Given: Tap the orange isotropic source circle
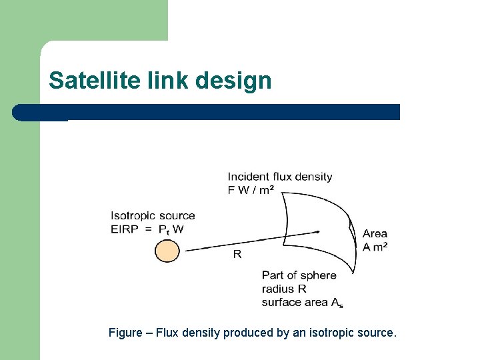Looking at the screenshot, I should click(167, 251).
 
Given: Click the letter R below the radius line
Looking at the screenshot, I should click(237, 254).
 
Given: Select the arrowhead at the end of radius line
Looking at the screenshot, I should click(318, 231).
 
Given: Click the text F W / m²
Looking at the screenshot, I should click(249, 190).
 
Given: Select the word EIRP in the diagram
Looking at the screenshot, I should click(125, 229).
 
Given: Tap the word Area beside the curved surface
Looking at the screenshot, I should click(375, 233).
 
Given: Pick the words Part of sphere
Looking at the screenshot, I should click(299, 275).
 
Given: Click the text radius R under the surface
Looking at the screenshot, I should click(284, 288).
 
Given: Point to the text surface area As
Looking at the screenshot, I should click(303, 302).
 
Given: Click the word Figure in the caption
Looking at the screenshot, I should click(125, 332).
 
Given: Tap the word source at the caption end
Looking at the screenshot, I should click(379, 332).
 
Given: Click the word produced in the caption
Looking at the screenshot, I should click(248, 332).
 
